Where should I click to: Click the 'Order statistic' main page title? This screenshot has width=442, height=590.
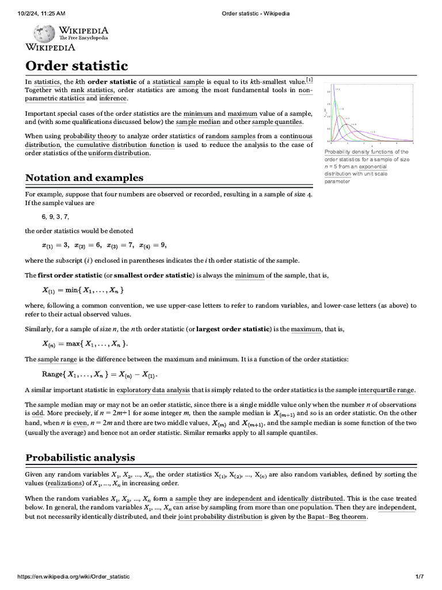click(x=77, y=66)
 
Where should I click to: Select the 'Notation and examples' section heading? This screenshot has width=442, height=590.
click(x=84, y=177)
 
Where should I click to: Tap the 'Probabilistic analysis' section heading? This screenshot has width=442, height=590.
click(x=80, y=457)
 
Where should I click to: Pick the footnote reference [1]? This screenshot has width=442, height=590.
click(x=309, y=80)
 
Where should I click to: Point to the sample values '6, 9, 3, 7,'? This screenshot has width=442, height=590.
click(x=55, y=217)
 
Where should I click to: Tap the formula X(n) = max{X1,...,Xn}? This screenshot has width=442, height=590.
click(x=85, y=344)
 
